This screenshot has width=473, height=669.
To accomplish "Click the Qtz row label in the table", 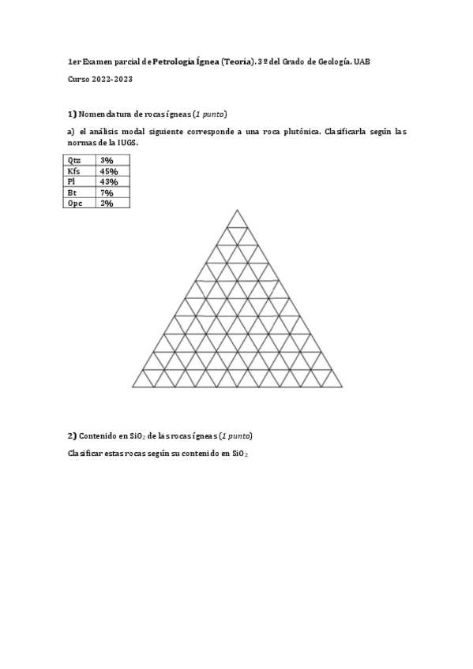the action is point(75,160).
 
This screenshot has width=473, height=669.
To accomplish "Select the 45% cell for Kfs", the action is point(109,171).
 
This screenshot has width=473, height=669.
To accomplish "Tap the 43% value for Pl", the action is point(109,181).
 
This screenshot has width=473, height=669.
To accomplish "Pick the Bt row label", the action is point(73,192).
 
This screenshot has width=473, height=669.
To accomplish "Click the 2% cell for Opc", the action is point(107,203).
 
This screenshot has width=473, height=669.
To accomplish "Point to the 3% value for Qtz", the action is point(107,160).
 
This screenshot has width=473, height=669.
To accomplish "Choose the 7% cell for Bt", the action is point(107,192).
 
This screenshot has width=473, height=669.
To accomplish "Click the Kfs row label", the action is point(74,171).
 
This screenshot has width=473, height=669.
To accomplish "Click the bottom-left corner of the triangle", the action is point(133,387).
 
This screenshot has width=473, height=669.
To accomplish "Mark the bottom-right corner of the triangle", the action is point(342,387).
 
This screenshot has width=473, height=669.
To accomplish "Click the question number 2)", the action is point(72,435).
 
